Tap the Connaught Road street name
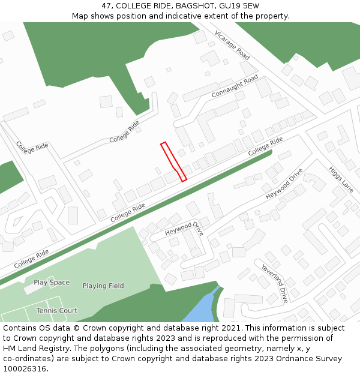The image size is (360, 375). [234, 87]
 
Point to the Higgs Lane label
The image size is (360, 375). [341, 179]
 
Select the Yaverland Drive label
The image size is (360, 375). [275, 282]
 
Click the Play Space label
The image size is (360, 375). [52, 283]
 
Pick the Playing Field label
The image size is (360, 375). [103, 286]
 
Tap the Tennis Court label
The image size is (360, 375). [57, 311]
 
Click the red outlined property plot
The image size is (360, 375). [173, 160]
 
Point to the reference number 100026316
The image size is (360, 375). [23, 369]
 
